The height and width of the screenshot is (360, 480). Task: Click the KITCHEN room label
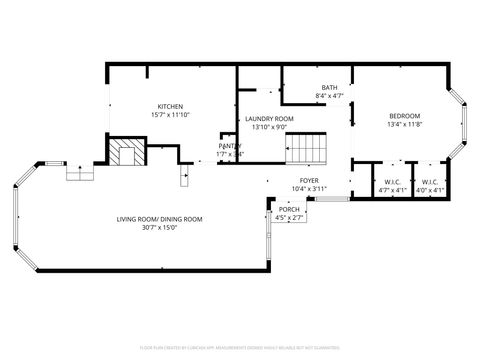pyautogui.click(x=169, y=107)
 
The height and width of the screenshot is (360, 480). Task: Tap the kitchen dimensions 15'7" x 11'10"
pyautogui.click(x=169, y=115)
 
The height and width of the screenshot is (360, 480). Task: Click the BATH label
pyautogui.click(x=329, y=87)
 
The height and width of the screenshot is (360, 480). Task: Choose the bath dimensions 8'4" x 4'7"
pyautogui.click(x=329, y=95)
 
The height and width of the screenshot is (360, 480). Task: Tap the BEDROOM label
pyautogui.click(x=405, y=115)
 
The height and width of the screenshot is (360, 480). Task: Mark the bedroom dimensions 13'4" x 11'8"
pyautogui.click(x=405, y=124)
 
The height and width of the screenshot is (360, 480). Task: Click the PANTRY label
pyautogui.click(x=229, y=146)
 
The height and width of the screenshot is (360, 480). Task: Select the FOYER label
pyautogui.click(x=308, y=181)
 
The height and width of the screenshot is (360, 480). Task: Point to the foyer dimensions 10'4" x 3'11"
pyautogui.click(x=308, y=189)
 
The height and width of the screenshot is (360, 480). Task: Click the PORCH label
pyautogui.click(x=289, y=209)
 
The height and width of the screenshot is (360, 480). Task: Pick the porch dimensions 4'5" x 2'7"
pyautogui.click(x=289, y=217)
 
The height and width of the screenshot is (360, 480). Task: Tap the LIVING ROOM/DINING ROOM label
pyautogui.click(x=159, y=218)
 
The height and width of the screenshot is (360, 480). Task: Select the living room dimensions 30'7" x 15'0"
pyautogui.click(x=159, y=227)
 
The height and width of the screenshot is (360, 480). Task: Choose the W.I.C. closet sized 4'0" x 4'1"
pyautogui.click(x=429, y=185)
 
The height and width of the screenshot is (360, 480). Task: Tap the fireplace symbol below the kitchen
pyautogui.click(x=126, y=153)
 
